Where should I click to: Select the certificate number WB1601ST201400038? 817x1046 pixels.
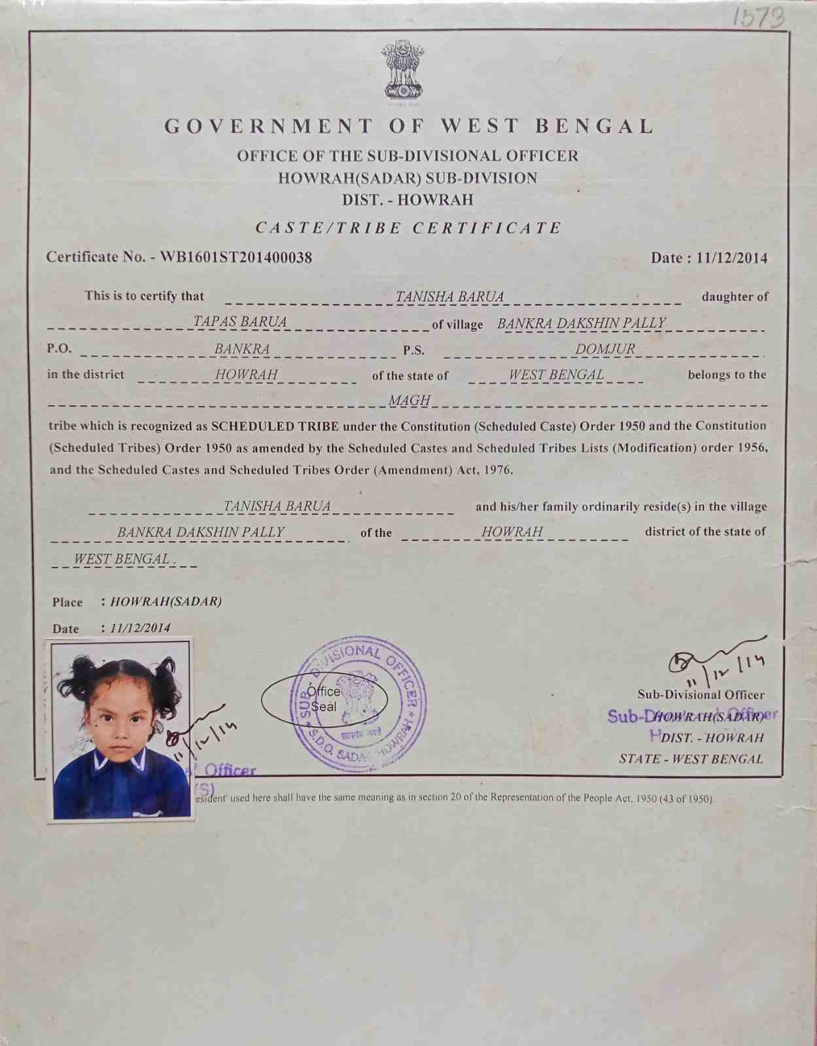click(x=236, y=257)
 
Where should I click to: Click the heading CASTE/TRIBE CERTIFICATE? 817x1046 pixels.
click(x=408, y=228)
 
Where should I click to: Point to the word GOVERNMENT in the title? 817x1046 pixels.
click(x=269, y=126)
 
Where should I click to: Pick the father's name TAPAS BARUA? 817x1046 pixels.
click(x=240, y=322)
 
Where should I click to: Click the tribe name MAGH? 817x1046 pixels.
click(x=409, y=400)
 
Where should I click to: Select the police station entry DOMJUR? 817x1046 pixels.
click(x=605, y=349)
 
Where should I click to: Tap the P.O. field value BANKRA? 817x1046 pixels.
click(x=242, y=349)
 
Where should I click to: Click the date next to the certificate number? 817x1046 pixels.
click(x=731, y=258)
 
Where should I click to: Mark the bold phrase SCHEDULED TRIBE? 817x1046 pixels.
click(x=275, y=426)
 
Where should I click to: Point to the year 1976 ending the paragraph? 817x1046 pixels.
click(x=499, y=469)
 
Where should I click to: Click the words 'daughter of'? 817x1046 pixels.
click(x=735, y=296)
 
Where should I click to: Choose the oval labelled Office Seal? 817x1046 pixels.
click(x=324, y=700)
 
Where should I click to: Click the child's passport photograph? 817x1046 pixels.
click(x=122, y=730)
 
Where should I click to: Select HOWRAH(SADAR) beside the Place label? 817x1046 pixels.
click(x=166, y=601)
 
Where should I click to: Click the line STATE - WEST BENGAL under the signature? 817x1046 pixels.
click(x=691, y=759)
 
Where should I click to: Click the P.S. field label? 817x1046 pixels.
click(x=413, y=350)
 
